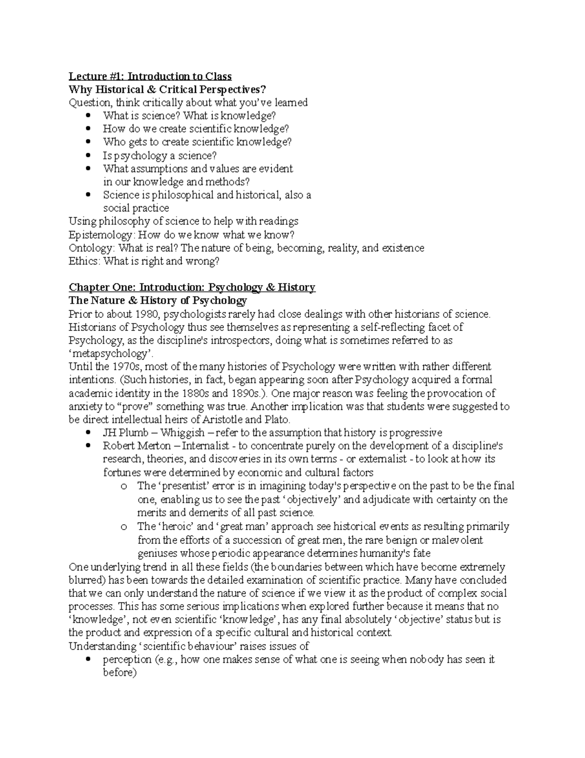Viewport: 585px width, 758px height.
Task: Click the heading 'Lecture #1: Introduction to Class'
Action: (150, 76)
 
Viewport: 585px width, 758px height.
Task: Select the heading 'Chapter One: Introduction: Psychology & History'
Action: (192, 287)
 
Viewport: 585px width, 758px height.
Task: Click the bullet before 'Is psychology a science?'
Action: (88, 156)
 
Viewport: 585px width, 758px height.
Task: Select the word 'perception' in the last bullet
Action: (127, 659)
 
